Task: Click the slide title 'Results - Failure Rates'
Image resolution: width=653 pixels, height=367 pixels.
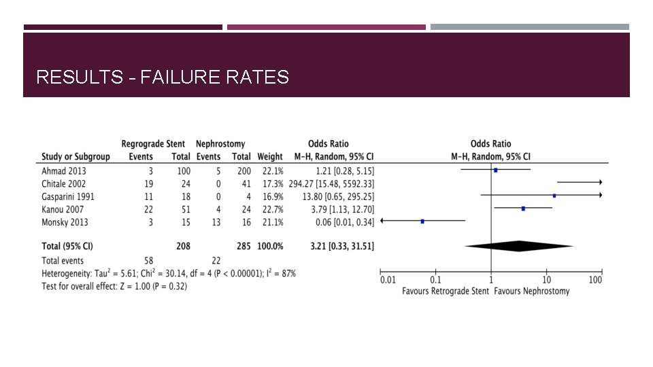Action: (163, 77)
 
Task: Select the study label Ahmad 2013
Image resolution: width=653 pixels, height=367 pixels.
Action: (64, 170)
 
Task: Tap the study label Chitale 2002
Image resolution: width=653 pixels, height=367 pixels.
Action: (65, 183)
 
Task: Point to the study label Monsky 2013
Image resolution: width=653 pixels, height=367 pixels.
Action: (65, 222)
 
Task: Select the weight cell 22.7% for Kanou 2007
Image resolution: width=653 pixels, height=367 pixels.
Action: (271, 209)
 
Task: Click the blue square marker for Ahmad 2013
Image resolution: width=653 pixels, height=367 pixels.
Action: (495, 170)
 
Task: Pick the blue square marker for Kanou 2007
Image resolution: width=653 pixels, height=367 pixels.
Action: (523, 209)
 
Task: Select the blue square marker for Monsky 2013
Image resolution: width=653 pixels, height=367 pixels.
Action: (422, 221)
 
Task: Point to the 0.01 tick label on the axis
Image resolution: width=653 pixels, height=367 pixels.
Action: (387, 279)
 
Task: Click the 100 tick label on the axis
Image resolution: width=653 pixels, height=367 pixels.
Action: (595, 279)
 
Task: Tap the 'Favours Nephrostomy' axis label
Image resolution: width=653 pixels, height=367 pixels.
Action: (532, 291)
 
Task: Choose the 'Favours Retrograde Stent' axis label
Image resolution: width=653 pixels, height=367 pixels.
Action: (445, 291)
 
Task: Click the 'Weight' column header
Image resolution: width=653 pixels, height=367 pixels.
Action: (270, 157)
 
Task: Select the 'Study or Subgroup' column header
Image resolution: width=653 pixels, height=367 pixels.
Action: (76, 157)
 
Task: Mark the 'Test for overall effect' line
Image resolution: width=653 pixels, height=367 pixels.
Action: (114, 286)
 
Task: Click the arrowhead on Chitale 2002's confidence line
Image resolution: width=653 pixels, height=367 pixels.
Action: (600, 183)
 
